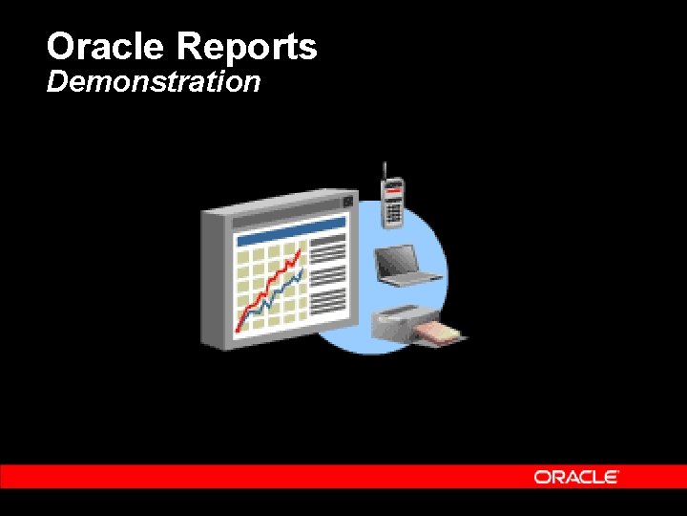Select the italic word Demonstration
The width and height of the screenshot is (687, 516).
(154, 82)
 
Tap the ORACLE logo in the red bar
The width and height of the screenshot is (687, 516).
(576, 476)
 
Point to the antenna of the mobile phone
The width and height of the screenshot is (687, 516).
(384, 171)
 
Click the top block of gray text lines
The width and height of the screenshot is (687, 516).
(328, 251)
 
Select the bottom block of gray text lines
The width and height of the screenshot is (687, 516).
(328, 301)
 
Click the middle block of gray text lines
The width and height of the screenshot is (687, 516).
(328, 276)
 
